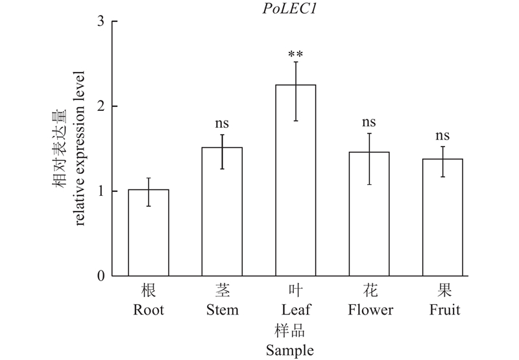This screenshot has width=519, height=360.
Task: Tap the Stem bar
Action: point(222,211)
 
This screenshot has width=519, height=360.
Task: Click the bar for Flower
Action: point(369,213)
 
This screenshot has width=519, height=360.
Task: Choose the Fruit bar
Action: point(443,217)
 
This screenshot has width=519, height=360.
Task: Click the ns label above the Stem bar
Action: point(222,123)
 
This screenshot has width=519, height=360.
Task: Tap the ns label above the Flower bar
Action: point(369,122)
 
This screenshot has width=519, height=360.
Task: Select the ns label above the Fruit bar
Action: point(443,136)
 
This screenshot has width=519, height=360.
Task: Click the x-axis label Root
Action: point(149,310)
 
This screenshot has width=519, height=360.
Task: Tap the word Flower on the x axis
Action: point(369,310)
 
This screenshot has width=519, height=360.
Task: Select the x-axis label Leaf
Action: point(296,310)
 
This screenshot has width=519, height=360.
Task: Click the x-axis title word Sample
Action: point(289,351)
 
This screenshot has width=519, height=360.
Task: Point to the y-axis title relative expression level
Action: point(80,149)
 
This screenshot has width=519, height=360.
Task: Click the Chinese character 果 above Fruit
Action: point(443,290)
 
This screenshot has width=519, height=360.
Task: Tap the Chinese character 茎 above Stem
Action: point(222,290)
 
